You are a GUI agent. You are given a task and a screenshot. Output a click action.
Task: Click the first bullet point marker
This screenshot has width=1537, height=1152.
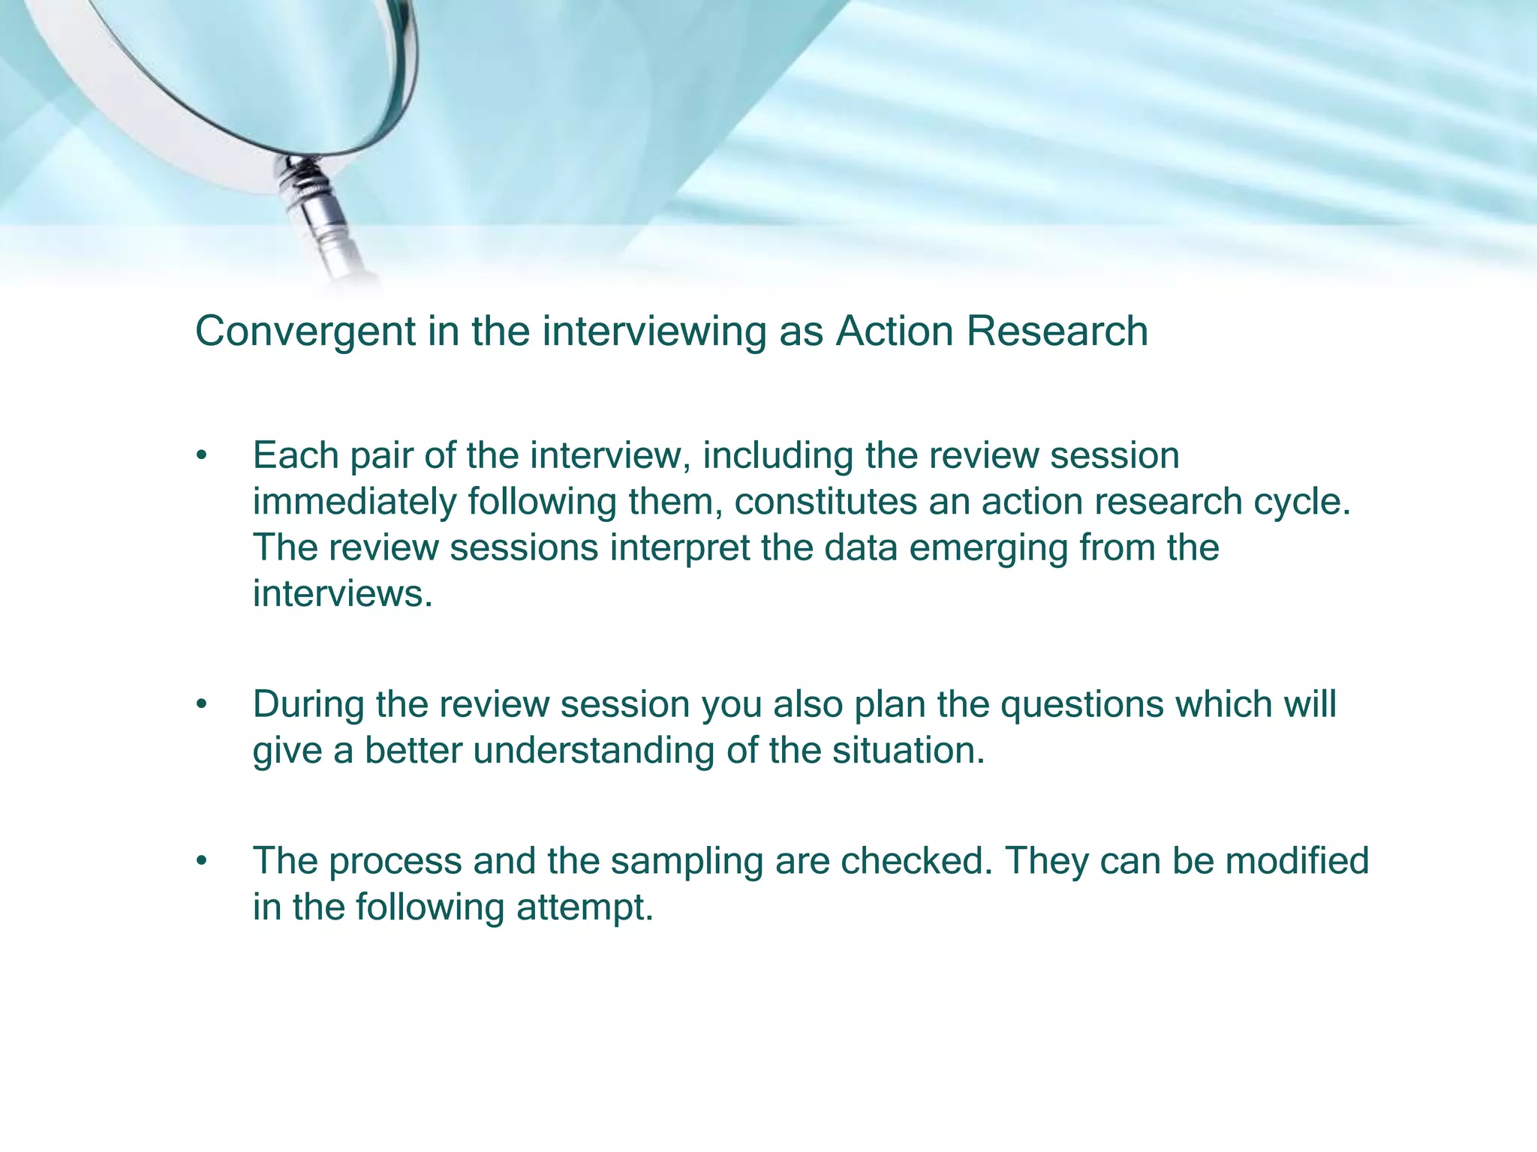[x=200, y=456]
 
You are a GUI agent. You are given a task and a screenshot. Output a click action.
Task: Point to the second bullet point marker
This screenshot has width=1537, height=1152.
[x=200, y=705]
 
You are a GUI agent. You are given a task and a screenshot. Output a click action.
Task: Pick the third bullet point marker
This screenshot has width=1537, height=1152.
[x=200, y=862]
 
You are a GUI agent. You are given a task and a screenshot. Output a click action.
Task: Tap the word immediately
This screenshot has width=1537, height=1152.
[x=354, y=502]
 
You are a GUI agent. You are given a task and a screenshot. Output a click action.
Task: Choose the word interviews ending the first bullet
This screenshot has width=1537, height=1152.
[x=341, y=593]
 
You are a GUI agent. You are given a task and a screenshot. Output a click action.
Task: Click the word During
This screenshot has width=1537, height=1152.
[x=308, y=705]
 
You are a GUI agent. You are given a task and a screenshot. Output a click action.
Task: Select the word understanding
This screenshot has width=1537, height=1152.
[x=593, y=751]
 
